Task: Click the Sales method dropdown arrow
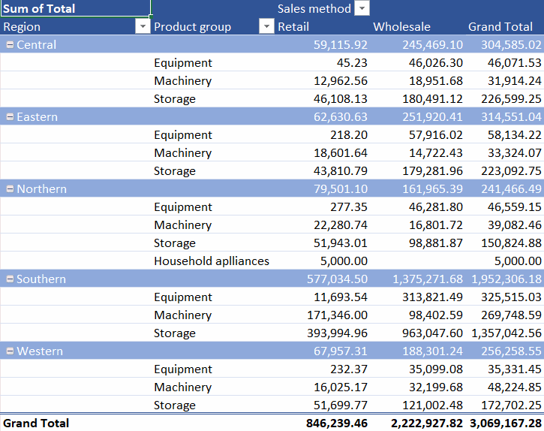coord(362,8)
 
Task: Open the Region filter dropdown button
coord(143,26)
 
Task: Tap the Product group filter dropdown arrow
coord(266,26)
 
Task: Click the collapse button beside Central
coord(10,44)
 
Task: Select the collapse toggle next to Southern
coord(10,279)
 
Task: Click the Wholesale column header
coord(401,27)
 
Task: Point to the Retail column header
coord(293,27)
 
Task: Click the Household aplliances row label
coord(212,261)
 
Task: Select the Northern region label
coord(41,189)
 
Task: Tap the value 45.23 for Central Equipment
coord(352,62)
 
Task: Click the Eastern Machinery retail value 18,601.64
coord(341,153)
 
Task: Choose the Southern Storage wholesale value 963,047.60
coord(432,333)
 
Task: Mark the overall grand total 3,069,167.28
coord(506,423)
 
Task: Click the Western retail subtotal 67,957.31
coord(341,351)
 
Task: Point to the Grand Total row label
coord(36,423)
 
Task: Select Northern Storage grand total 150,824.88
coord(511,243)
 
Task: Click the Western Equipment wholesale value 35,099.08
coord(436,369)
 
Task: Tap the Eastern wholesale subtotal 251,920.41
coord(432,116)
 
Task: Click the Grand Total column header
coord(500,27)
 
